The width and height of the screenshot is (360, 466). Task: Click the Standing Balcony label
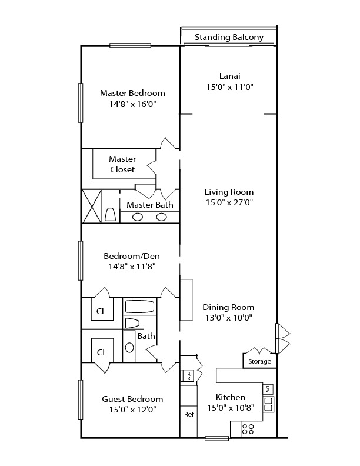point(229,37)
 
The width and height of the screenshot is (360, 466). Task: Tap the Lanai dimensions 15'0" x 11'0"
point(229,87)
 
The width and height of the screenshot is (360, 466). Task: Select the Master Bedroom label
point(132,93)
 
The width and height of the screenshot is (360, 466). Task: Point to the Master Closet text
point(122,164)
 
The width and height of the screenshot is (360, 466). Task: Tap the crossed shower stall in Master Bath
point(92,207)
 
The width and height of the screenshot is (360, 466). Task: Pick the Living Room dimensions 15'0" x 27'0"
point(229,202)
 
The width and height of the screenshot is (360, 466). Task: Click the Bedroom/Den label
point(132,256)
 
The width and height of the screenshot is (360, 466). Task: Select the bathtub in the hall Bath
point(139,307)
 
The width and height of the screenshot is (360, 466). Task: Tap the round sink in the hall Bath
point(129,347)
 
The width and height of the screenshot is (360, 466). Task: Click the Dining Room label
point(228,307)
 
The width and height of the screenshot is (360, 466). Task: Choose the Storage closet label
point(259,361)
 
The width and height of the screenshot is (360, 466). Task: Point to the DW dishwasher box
point(268,389)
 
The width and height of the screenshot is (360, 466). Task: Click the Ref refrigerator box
point(189,414)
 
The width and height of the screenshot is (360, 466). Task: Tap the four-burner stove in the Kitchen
point(248,429)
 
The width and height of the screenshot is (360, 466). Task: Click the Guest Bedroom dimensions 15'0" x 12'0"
point(133,410)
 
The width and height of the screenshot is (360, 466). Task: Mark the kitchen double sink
point(268,404)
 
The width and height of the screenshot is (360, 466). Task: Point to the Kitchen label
point(231,397)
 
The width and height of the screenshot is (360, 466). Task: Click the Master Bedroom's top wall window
point(130,45)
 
